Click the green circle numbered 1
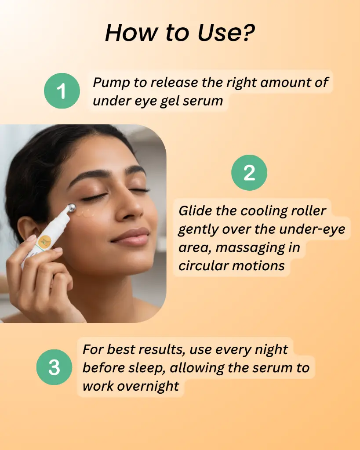[62, 91]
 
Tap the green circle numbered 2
[249, 172]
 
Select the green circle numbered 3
[54, 367]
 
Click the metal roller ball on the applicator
[71, 207]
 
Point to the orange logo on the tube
[46, 241]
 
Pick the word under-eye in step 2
[312, 229]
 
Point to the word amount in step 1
[284, 83]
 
